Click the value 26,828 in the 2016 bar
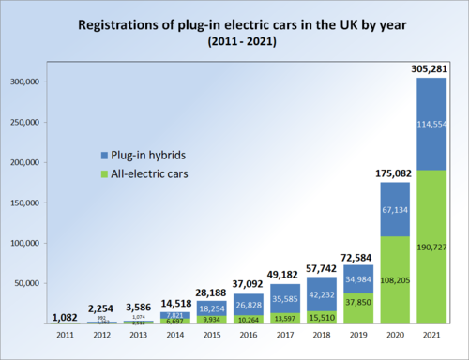pos(250,305)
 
